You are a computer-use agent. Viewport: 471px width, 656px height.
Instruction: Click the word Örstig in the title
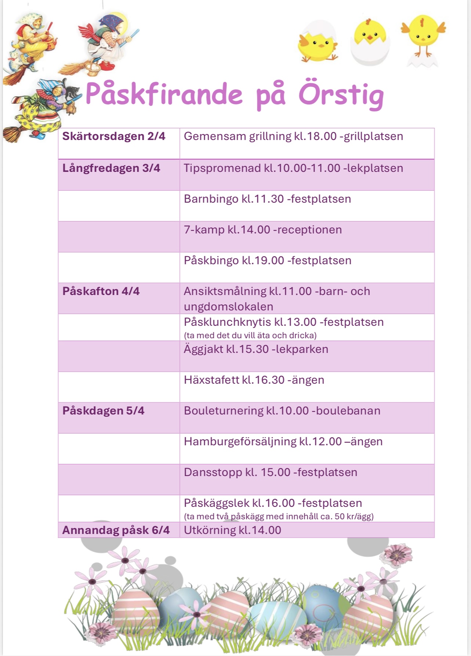[x=341, y=95]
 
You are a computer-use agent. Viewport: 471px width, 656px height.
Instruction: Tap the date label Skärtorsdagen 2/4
[x=114, y=136]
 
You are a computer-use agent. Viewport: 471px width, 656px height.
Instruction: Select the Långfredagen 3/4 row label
[x=111, y=168]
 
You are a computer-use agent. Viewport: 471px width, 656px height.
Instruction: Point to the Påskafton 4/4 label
[x=101, y=291]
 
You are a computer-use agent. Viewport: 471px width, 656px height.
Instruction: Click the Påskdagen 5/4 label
[x=103, y=411]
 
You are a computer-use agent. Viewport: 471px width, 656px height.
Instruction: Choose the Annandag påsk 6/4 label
[x=116, y=530]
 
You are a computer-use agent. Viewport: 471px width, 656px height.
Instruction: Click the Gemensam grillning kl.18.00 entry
[x=293, y=136]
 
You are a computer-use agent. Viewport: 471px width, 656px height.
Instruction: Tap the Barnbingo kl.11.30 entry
[x=267, y=199]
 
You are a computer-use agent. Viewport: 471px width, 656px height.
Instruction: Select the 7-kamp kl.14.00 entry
[x=263, y=230]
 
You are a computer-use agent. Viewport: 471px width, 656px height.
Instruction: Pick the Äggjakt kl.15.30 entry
[x=256, y=349]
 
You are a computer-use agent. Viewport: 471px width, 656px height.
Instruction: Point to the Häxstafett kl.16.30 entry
[x=254, y=380]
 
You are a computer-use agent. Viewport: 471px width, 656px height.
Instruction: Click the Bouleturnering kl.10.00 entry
[x=282, y=411]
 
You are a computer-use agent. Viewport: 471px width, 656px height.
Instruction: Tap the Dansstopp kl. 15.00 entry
[x=271, y=472]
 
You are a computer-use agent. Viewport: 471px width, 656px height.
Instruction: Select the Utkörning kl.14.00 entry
[x=232, y=530]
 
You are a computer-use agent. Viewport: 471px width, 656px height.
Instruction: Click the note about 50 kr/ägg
[x=279, y=517]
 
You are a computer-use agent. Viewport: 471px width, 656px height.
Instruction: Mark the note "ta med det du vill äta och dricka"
[x=250, y=335]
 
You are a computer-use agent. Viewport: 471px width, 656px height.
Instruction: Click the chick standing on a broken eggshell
[x=423, y=40]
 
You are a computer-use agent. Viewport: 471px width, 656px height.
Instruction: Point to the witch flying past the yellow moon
[x=106, y=40]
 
